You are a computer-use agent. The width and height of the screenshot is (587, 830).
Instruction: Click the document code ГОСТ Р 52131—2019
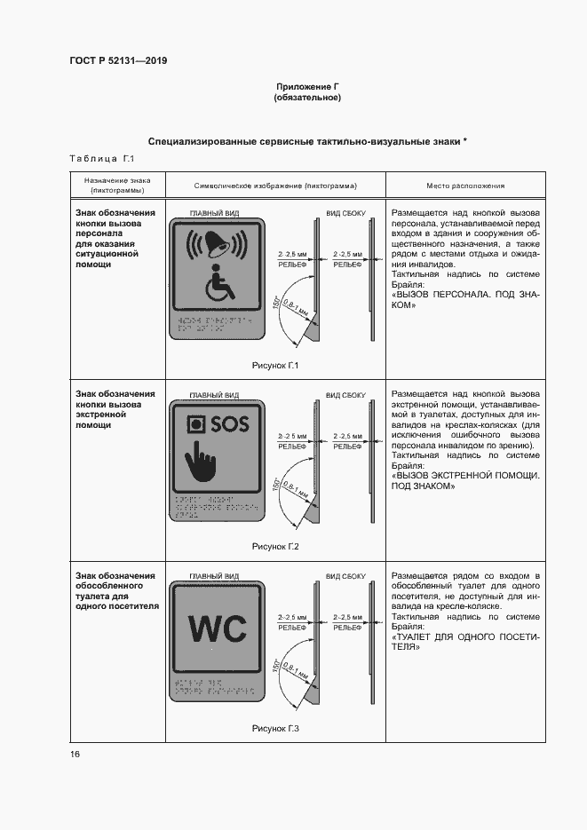point(118,60)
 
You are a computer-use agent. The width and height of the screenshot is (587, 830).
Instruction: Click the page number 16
point(75,754)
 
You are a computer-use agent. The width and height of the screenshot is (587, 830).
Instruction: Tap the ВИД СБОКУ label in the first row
point(345,215)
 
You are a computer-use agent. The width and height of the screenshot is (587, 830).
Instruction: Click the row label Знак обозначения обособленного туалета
point(115,591)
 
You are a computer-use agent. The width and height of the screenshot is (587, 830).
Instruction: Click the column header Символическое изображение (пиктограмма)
point(275,186)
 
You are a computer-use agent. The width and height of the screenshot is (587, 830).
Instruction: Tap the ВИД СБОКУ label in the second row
point(345,394)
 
